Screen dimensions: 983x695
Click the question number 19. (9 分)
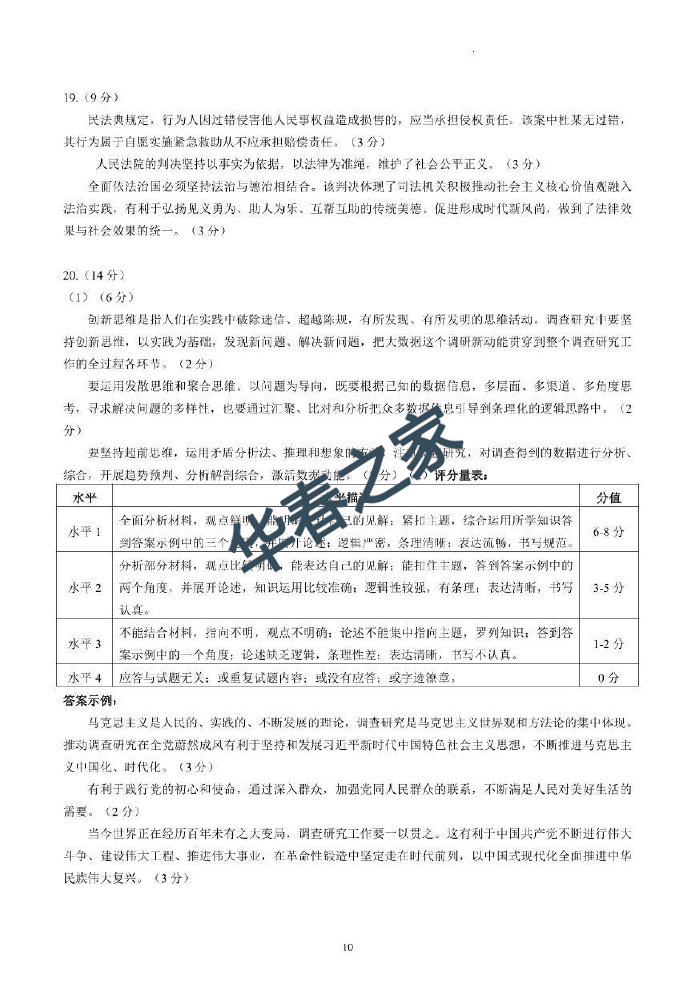[91, 98]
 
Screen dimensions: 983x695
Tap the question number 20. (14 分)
[94, 275]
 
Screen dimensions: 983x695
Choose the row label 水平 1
[85, 532]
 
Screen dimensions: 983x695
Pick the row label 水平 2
[85, 587]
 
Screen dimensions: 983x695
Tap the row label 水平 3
[85, 643]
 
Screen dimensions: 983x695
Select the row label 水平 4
[85, 678]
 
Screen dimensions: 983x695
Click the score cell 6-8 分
[608, 532]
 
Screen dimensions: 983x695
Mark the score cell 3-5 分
[608, 587]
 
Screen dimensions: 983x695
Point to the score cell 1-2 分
[608, 643]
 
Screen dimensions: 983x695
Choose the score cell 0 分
[608, 678]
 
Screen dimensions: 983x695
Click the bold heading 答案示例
[90, 700]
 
